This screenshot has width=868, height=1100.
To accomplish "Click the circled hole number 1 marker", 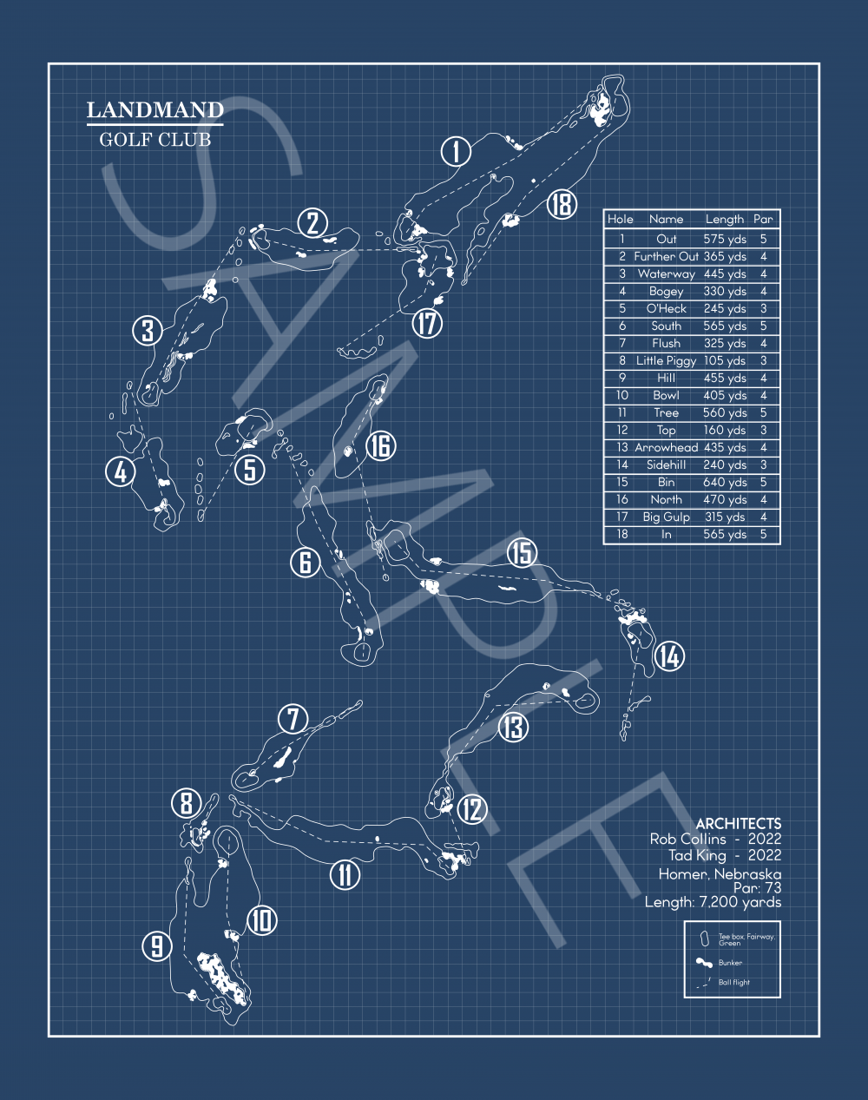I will [456, 152].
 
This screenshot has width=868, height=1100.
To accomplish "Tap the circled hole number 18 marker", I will [562, 204].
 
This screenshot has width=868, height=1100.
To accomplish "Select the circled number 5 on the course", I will [250, 470].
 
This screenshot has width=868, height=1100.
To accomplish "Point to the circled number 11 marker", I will [345, 874].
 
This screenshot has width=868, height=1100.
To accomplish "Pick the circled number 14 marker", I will [668, 656].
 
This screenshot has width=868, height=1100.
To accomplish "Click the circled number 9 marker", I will [157, 945].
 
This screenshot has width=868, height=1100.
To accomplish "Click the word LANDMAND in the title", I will [155, 110].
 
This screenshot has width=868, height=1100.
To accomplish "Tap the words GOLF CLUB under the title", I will [155, 140].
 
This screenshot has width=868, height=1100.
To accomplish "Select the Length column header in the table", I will [724, 220].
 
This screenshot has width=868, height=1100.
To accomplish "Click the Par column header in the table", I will [763, 220].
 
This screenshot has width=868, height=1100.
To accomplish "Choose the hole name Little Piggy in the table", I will [666, 360].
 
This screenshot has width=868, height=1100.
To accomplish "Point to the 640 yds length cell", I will [724, 482].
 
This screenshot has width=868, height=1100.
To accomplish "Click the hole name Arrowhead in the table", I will [666, 447].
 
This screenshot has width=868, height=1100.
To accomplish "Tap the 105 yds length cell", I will [724, 360].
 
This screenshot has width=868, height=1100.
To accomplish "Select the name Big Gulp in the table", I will [666, 517].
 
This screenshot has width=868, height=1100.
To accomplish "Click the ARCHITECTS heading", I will [738, 823].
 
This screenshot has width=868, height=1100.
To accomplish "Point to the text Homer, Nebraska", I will [720, 874].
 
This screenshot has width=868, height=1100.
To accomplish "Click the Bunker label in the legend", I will [730, 963].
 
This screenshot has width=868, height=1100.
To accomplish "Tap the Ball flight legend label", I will [733, 983].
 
